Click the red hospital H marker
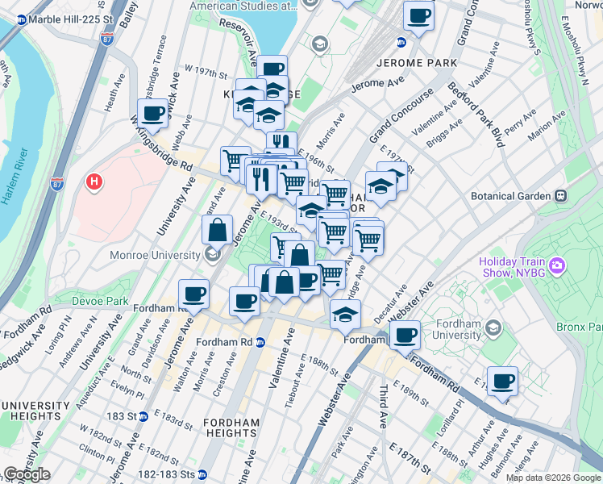click(x=94, y=182)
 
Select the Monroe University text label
click(x=153, y=256)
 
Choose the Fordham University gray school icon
click(x=494, y=328)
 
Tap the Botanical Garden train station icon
click(x=558, y=196)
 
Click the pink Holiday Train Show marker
click(x=557, y=265)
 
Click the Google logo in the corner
click(x=27, y=474)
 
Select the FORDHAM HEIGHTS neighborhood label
click(x=231, y=428)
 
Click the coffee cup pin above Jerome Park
click(x=418, y=15)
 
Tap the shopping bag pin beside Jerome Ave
click(x=218, y=231)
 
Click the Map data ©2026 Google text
click(x=552, y=478)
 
